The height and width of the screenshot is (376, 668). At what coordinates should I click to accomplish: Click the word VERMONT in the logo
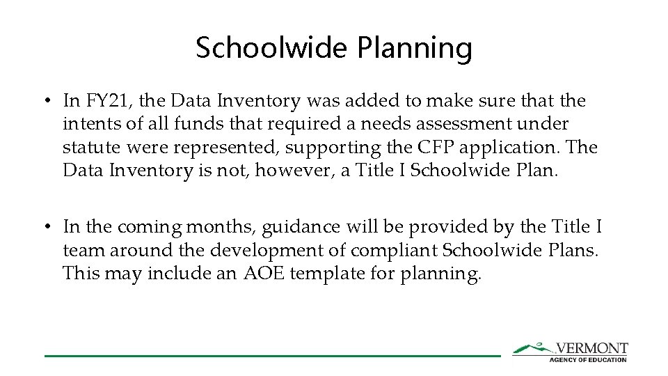[591, 348]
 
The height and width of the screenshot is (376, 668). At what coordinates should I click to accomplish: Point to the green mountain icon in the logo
[532, 347]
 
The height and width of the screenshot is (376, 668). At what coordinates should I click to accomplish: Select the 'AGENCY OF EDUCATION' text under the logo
[588, 359]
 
